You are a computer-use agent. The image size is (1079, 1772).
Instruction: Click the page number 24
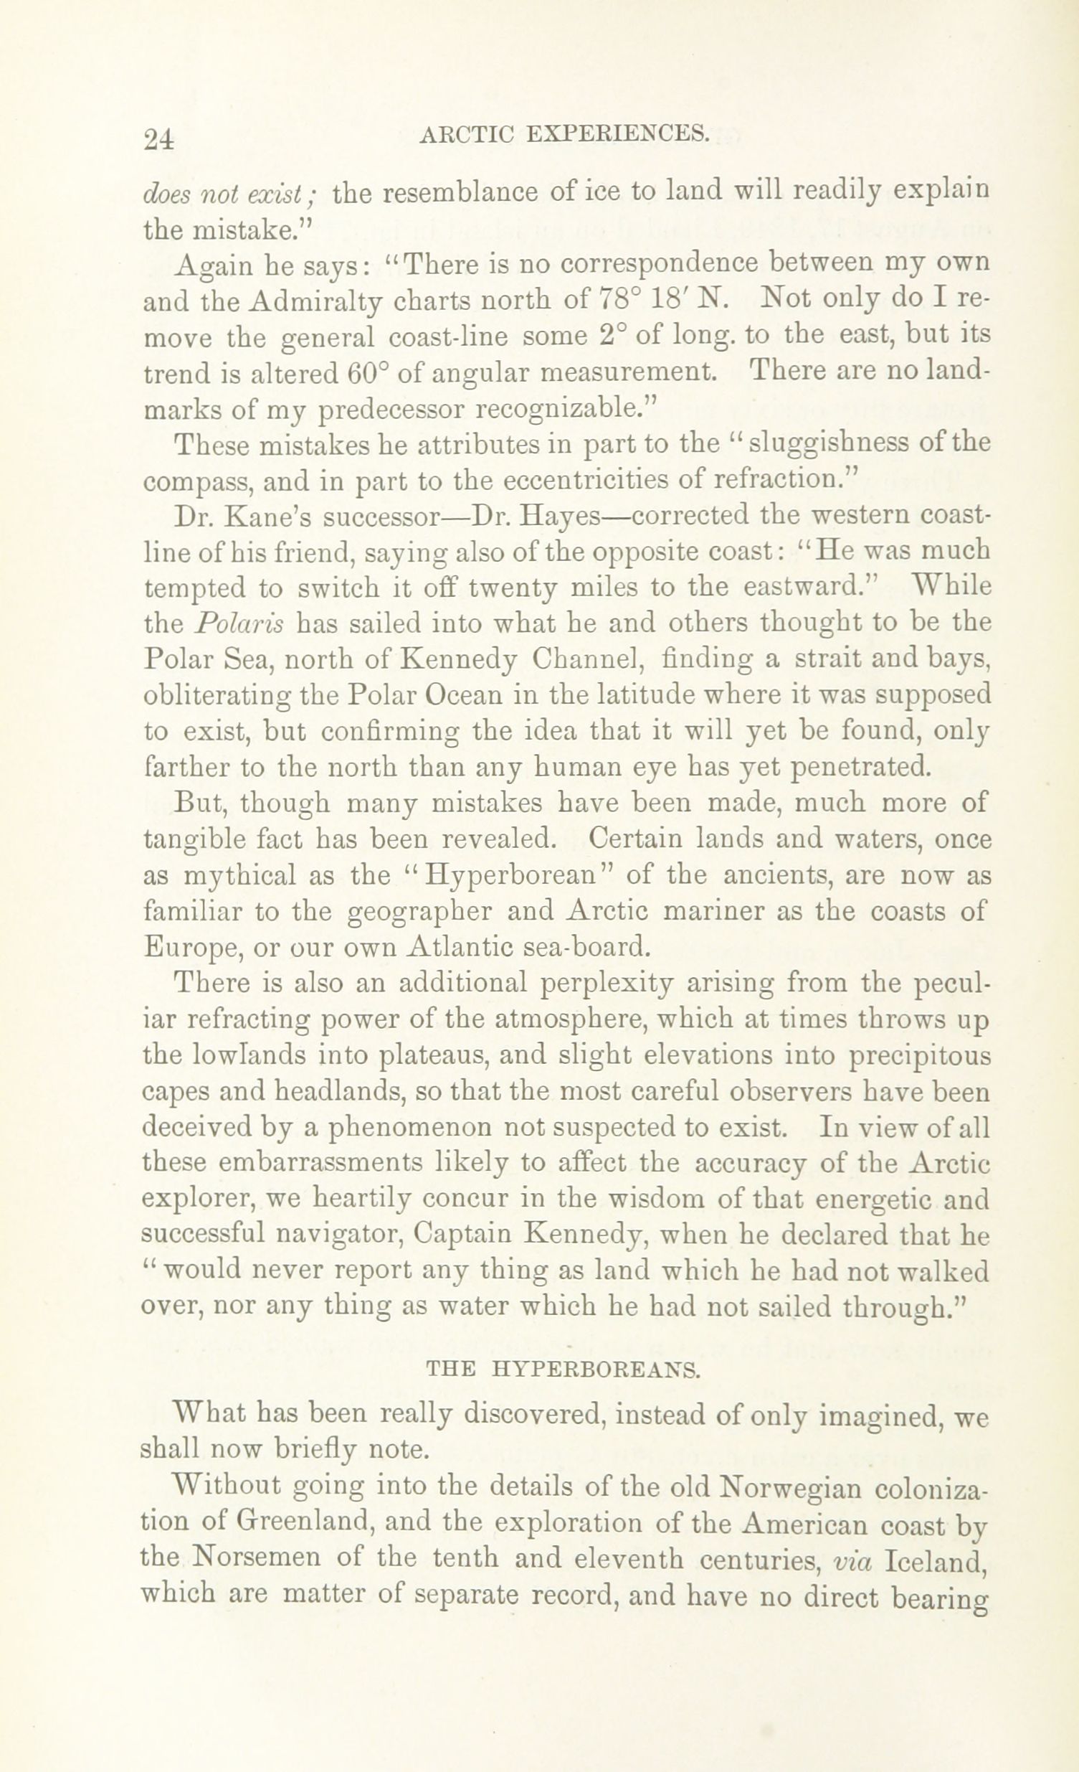coord(159,138)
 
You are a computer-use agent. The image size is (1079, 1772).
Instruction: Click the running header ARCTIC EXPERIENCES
coord(564,133)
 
